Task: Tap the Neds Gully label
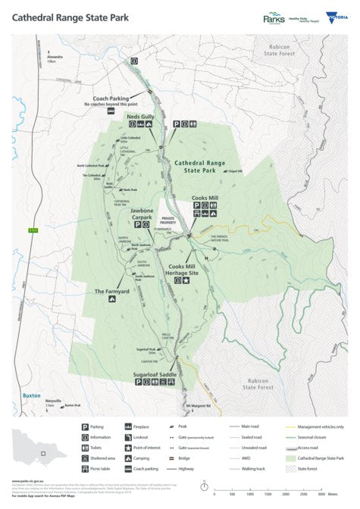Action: point(140,117)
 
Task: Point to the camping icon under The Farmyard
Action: point(111,299)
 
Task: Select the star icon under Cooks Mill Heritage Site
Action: point(187,280)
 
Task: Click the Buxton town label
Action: point(31,395)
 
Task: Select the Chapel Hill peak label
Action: point(255,170)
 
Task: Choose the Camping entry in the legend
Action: point(161,457)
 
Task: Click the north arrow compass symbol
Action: point(202,489)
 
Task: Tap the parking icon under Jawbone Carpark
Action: point(137,225)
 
